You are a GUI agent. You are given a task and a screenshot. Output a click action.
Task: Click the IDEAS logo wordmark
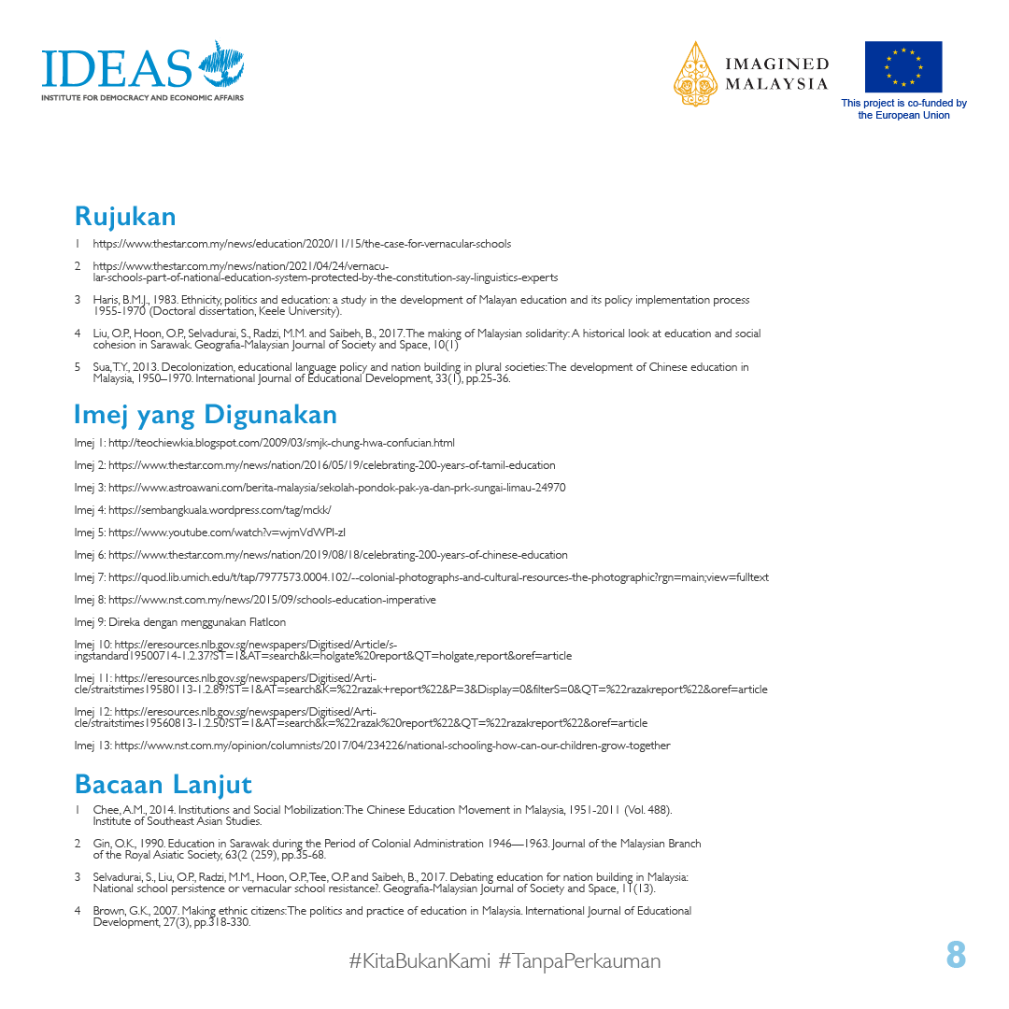click(x=117, y=67)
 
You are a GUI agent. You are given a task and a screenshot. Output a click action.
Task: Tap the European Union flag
click(x=902, y=66)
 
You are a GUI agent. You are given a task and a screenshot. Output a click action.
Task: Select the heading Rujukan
click(x=125, y=216)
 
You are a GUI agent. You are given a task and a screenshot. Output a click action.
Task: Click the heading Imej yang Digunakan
click(x=206, y=414)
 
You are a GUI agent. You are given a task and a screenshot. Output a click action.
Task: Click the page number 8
click(x=955, y=956)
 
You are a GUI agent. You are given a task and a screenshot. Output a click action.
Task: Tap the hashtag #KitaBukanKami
click(x=419, y=960)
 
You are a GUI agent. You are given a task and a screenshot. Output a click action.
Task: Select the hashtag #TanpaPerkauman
click(x=579, y=960)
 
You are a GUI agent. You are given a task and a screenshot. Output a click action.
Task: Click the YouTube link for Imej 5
click(x=227, y=533)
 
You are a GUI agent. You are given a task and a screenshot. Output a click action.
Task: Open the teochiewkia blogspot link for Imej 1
click(x=281, y=443)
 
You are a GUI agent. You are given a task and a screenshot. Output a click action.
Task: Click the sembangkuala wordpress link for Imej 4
click(x=220, y=510)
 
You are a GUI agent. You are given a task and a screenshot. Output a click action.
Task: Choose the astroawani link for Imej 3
click(x=336, y=488)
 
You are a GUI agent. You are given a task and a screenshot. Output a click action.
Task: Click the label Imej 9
click(x=89, y=622)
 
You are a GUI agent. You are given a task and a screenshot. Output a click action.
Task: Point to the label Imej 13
click(x=92, y=746)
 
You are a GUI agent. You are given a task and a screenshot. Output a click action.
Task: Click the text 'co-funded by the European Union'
click(x=903, y=109)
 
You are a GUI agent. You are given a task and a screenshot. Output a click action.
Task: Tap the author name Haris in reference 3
click(x=106, y=301)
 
